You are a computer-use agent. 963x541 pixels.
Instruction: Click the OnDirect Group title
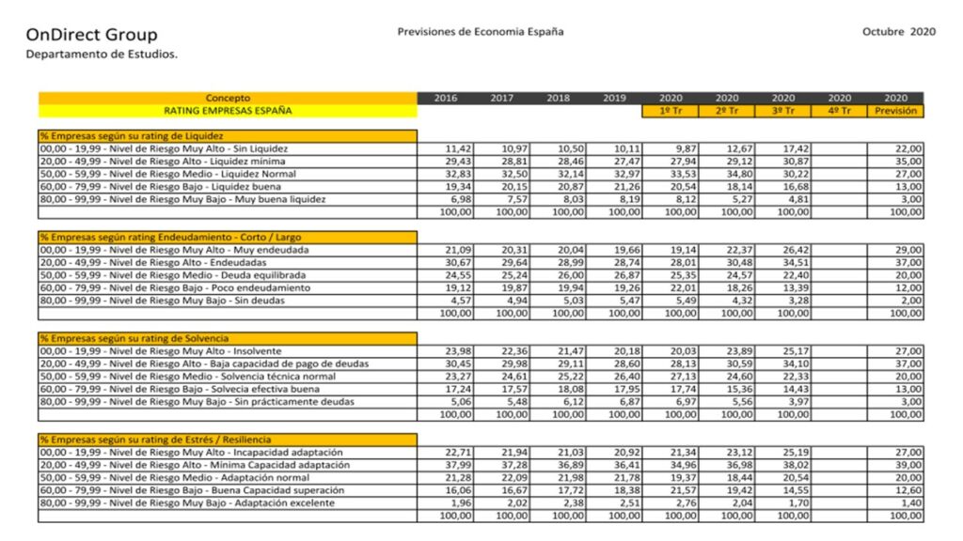pyautogui.click(x=91, y=36)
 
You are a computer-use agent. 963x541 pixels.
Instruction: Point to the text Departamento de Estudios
pyautogui.click(x=102, y=54)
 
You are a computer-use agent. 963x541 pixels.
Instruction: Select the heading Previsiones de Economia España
pyautogui.click(x=481, y=31)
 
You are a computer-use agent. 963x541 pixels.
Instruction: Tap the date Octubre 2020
pyautogui.click(x=898, y=31)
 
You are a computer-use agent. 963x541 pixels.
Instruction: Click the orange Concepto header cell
pyautogui.click(x=228, y=98)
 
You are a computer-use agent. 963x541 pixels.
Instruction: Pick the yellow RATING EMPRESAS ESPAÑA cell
pyautogui.click(x=228, y=111)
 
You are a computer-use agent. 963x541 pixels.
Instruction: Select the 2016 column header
pyautogui.click(x=446, y=98)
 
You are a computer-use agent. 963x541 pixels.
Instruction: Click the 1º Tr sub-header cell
pyautogui.click(x=671, y=111)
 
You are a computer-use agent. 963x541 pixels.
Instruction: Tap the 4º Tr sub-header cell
pyautogui.click(x=839, y=111)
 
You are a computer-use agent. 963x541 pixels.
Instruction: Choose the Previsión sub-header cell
pyautogui.click(x=895, y=111)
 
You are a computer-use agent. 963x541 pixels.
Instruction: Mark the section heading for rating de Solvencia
pyautogui.click(x=134, y=338)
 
